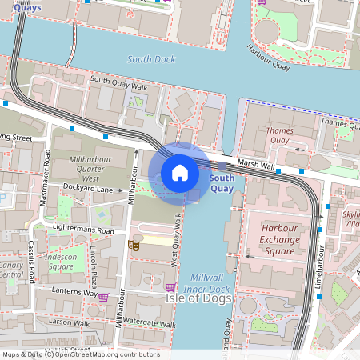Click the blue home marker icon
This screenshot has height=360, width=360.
click(180, 173)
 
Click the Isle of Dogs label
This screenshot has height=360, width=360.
click(198, 298)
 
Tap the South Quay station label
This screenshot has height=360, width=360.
click(222, 183)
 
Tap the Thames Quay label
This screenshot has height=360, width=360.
click(279, 135)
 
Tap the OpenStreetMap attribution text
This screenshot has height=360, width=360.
click(80, 354)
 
